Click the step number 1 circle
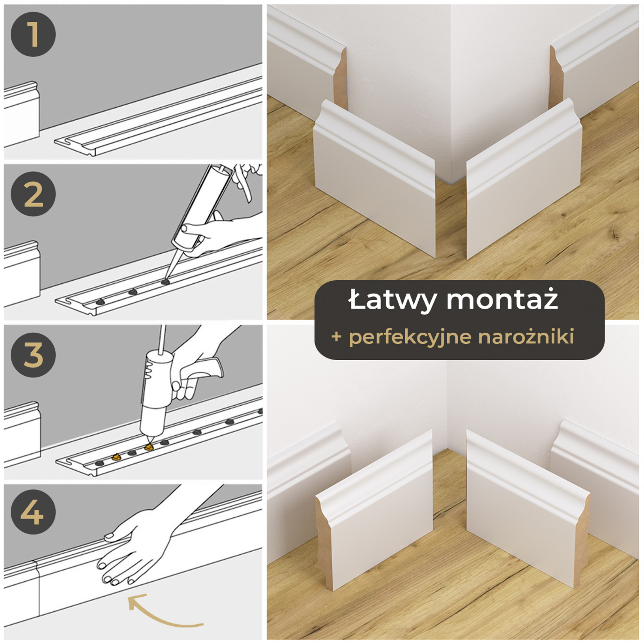[33, 34]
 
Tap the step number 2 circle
[33, 194]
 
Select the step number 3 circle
[33, 355]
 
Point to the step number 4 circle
[33, 512]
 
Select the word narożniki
[526, 337]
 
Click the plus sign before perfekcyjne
[337, 337]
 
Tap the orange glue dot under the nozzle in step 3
[149, 447]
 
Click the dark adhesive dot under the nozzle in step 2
[165, 282]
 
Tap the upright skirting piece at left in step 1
[21, 114]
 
